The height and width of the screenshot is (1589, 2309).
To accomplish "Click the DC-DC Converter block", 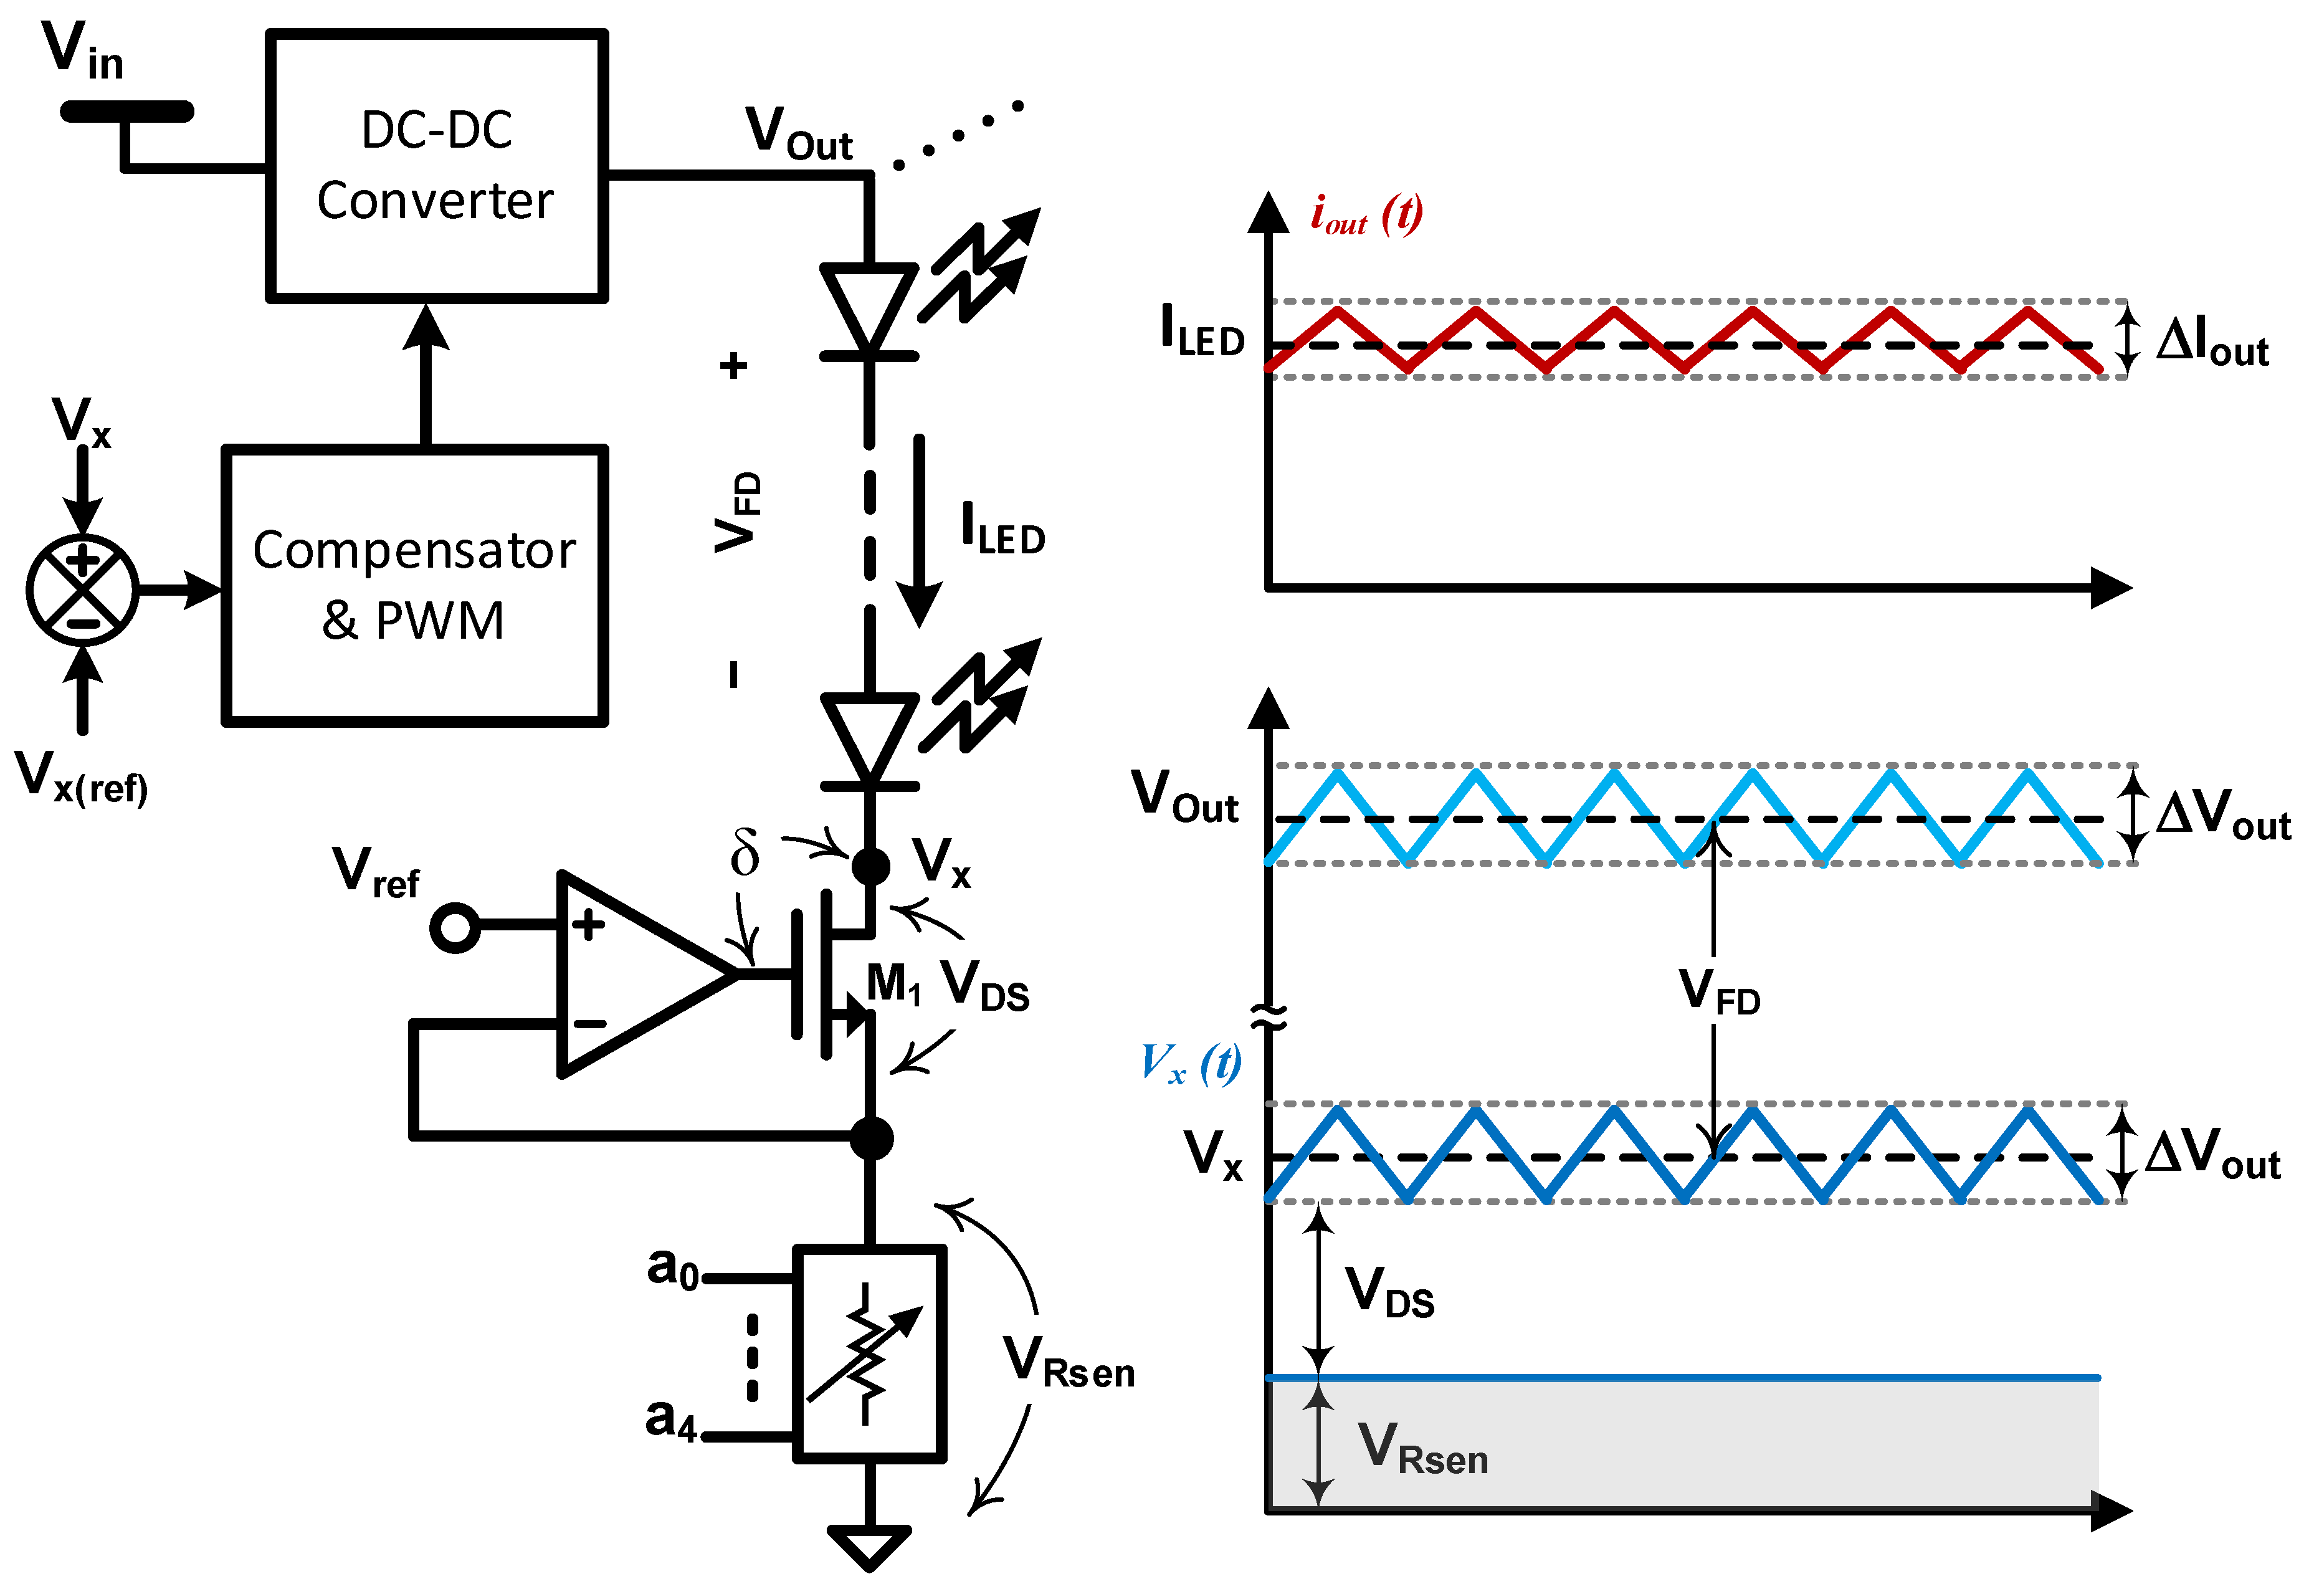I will [436, 165].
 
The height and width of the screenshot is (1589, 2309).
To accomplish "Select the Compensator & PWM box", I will [414, 585].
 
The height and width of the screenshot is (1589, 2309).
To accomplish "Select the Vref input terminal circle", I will [455, 928].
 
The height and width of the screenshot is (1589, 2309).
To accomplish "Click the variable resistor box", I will [869, 1353].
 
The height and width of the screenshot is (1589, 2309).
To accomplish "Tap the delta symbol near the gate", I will [745, 852].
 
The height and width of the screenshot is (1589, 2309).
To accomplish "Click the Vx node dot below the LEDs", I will [871, 865].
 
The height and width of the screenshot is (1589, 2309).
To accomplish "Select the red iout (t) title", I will [1366, 215].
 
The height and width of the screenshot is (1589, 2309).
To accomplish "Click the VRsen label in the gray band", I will [1422, 1449].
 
